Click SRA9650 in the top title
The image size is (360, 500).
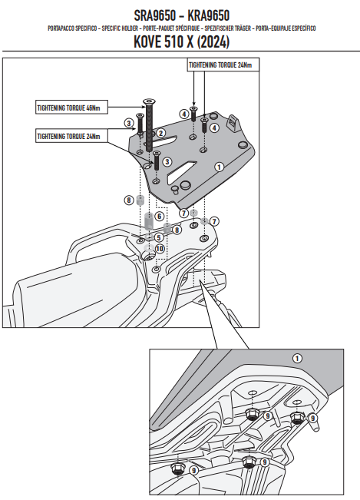[x=154, y=15]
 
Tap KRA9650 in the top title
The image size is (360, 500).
[x=208, y=15]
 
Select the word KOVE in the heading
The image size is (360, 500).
[x=147, y=41]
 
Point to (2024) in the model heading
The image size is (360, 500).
[x=213, y=41]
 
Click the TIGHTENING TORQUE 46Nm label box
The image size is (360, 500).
[x=71, y=108]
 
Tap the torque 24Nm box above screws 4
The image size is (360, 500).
[x=223, y=65]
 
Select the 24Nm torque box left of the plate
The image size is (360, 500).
[x=71, y=136]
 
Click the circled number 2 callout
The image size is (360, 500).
[x=160, y=134]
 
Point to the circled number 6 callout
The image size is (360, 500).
[x=160, y=217]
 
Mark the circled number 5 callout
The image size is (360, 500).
[x=159, y=237]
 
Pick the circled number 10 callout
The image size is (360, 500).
[x=160, y=249]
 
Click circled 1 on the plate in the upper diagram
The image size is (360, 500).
[x=219, y=167]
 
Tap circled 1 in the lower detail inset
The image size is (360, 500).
[x=297, y=359]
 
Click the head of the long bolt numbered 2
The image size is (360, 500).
[x=148, y=101]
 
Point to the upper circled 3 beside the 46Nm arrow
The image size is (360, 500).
[x=129, y=123]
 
